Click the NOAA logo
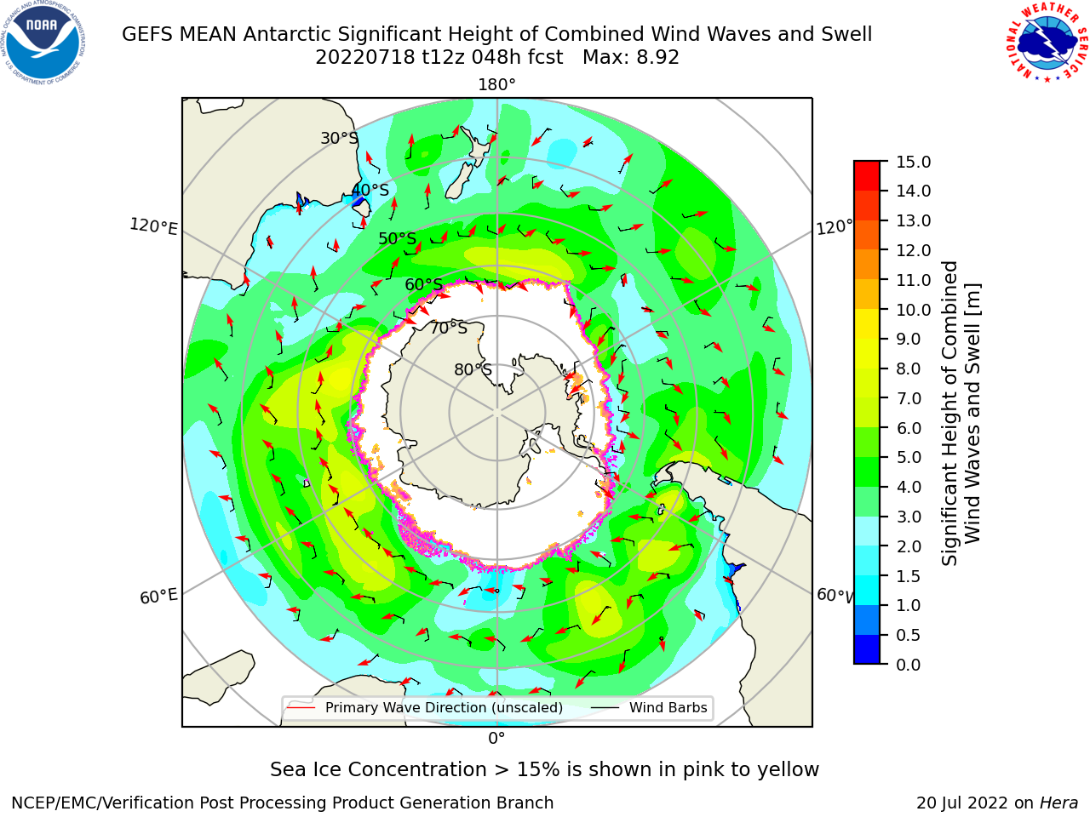coord(43,43)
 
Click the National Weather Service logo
coord(1047,43)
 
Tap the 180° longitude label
coord(496,85)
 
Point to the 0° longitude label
coord(496,739)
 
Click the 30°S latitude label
coord(339,138)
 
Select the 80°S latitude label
coord(473,369)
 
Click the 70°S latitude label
coord(449,328)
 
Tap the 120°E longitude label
coord(153,226)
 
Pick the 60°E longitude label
coord(158,596)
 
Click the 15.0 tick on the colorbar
coord(913,162)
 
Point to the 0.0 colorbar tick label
coord(909,665)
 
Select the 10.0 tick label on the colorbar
coord(913,310)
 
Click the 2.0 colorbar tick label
coord(909,546)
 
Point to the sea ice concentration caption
coord(544,769)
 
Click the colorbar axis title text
coord(961,414)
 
